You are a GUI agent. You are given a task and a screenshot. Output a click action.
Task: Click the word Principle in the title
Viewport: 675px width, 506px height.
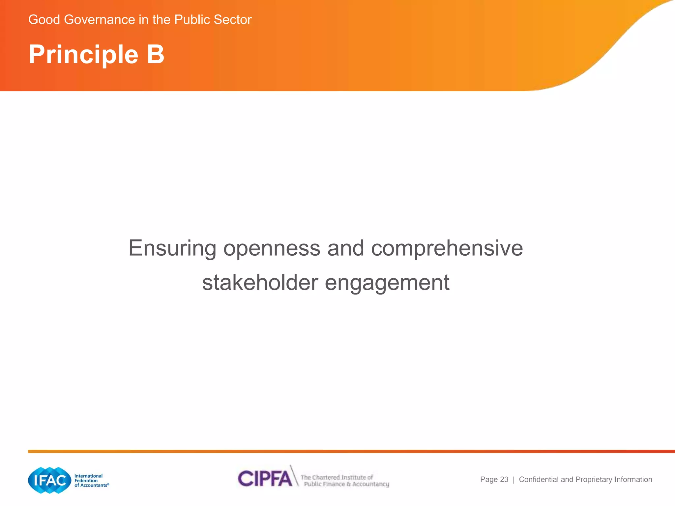pos(83,55)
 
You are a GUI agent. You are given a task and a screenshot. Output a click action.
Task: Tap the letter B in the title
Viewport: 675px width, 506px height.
pos(156,54)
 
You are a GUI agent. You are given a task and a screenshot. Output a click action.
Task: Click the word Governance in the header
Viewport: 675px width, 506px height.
pos(100,20)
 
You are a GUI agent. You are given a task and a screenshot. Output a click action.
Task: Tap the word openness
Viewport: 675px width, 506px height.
pos(272,248)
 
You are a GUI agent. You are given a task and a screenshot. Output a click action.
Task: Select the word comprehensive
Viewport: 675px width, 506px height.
pos(447,248)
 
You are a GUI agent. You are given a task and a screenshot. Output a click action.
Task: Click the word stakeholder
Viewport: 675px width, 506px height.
pos(260,283)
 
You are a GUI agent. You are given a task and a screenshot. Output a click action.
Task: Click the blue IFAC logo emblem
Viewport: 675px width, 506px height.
pos(50,480)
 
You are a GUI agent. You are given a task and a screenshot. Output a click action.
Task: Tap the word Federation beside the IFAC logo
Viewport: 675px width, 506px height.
pos(86,481)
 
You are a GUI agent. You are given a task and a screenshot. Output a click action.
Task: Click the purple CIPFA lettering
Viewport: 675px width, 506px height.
pos(265,479)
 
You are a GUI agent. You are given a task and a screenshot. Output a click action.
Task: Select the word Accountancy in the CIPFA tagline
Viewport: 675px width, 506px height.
pos(370,484)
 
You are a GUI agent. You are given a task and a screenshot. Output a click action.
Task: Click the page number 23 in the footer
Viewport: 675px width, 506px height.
pos(504,480)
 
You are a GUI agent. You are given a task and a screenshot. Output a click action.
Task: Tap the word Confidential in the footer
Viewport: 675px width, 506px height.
pos(539,480)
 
